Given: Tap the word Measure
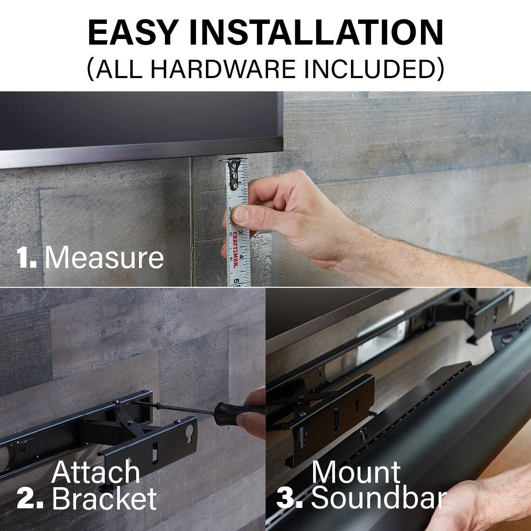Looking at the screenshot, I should pos(104,258).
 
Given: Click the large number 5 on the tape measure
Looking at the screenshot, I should pos(237,281).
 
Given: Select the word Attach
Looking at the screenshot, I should pos(96,472).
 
